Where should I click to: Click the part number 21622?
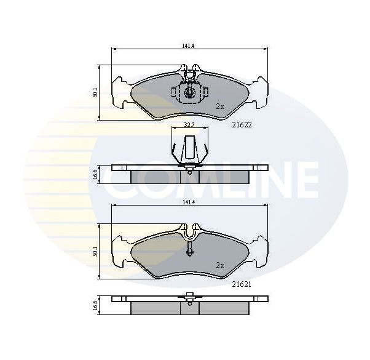[x=242, y=125]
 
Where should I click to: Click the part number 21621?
[x=242, y=284]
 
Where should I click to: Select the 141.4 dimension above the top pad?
[x=188, y=46]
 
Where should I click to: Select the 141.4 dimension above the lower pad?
[x=188, y=202]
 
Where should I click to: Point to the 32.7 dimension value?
[x=189, y=125]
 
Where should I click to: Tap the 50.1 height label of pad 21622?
[x=95, y=92]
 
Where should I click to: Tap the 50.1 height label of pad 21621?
[x=95, y=252]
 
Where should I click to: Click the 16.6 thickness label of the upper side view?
[x=95, y=174]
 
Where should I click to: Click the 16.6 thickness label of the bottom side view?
[x=95, y=305]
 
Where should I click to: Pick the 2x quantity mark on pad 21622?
[x=219, y=107]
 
